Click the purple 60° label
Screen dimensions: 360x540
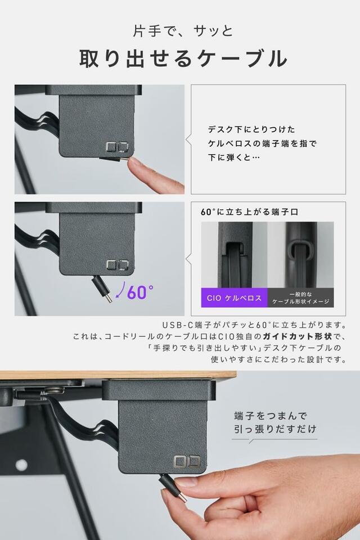coord(140,292)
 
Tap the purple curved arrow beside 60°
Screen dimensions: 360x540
coord(120,290)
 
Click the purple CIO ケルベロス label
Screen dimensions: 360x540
coord(234,298)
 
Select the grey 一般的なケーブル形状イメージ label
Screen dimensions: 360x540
coord(301,298)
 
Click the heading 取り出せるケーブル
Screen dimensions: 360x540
coord(183,58)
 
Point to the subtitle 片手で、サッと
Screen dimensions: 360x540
coord(183,31)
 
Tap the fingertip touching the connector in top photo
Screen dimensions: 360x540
coord(134,164)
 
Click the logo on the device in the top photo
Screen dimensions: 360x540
coord(117,147)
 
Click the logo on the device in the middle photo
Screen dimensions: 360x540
coord(117,265)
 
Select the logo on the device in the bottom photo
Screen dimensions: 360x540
coord(187,461)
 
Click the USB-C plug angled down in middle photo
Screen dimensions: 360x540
coord(102,290)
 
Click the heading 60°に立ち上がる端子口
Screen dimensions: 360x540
coord(249,212)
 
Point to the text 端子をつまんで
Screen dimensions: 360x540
coord(270,416)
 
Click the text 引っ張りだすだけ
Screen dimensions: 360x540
coord(275,429)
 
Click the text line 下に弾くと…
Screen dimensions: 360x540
coord(233,157)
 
